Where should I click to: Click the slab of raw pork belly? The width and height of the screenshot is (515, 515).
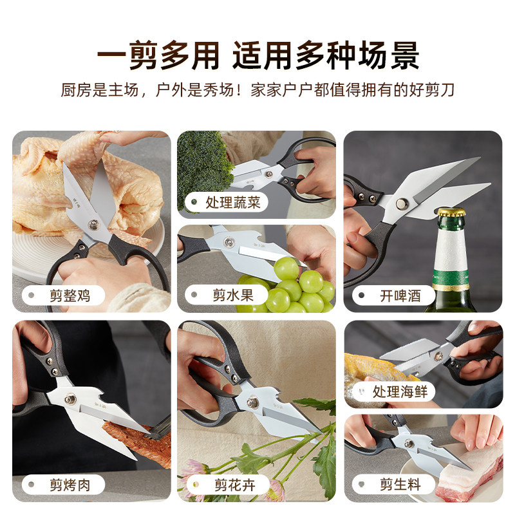pyautogui.click(x=467, y=473)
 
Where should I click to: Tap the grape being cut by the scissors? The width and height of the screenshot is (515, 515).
pyautogui.click(x=287, y=267)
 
